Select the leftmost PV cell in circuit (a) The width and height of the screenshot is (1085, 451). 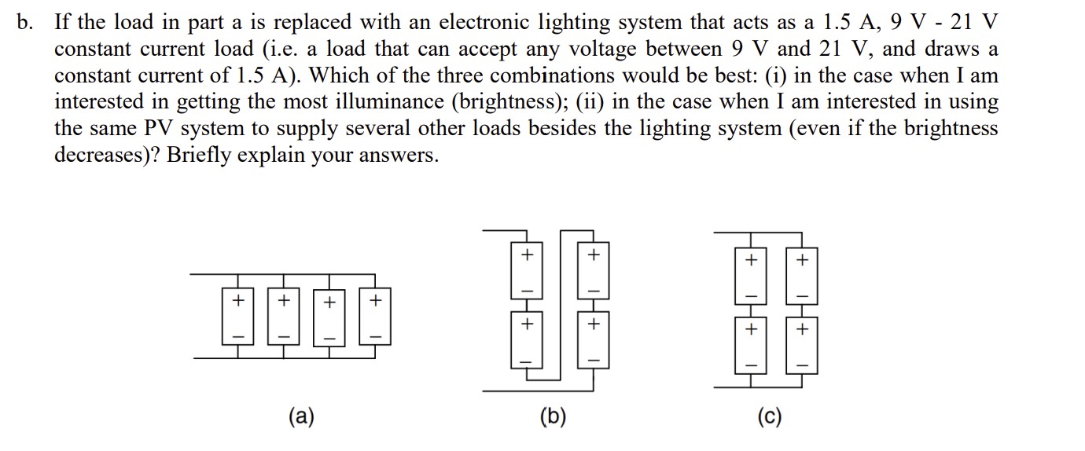point(236,317)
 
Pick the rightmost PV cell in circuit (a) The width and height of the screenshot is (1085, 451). point(375,317)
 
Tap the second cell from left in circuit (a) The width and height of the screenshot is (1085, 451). point(283,317)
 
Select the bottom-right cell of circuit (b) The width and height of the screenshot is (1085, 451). point(594,342)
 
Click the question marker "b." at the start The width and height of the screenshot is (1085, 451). point(25,21)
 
